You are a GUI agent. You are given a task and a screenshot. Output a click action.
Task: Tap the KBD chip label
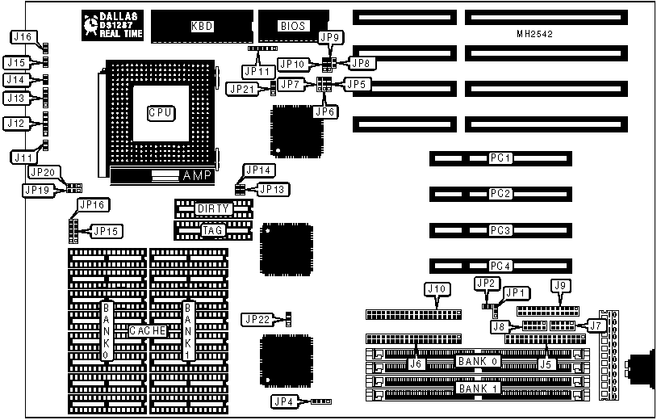click(202, 26)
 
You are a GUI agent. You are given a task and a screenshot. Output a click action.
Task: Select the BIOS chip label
click(292, 26)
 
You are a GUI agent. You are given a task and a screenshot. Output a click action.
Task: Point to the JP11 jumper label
click(259, 69)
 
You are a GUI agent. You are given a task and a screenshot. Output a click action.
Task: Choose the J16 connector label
click(23, 36)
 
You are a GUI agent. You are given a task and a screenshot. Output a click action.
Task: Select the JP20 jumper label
click(42, 172)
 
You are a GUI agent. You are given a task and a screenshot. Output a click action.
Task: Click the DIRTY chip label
click(214, 208)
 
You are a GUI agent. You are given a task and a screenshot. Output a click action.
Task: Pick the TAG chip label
click(214, 231)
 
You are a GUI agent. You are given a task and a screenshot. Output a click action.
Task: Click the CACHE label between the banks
click(148, 331)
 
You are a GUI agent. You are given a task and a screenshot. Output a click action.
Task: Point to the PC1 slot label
click(501, 158)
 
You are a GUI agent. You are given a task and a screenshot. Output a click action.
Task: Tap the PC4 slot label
click(501, 266)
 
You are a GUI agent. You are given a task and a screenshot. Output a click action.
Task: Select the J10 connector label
click(436, 288)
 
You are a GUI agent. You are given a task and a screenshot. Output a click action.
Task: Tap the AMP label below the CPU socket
click(196, 175)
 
